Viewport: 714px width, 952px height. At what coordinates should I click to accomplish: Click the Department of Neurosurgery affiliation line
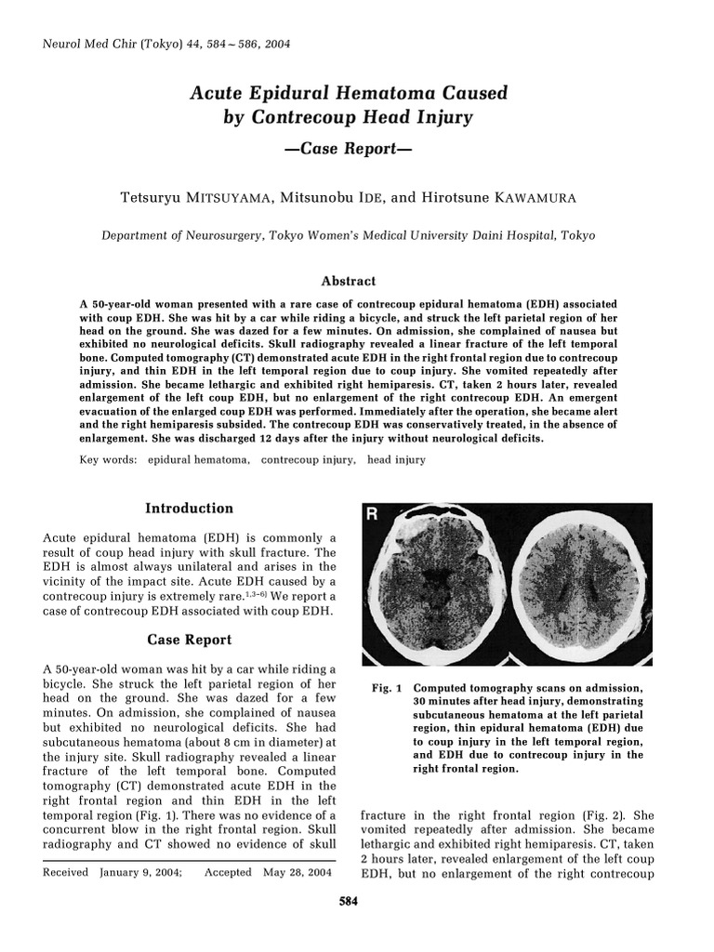348,236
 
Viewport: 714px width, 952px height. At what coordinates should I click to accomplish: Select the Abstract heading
348,281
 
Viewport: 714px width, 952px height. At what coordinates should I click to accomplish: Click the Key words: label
109,459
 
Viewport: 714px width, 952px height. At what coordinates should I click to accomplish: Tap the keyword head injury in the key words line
396,459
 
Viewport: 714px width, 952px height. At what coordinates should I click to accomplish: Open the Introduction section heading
189,509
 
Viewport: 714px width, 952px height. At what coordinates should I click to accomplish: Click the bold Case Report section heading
189,640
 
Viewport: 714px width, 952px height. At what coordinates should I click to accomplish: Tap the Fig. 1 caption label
385,689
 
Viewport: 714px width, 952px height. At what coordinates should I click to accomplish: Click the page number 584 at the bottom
348,901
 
